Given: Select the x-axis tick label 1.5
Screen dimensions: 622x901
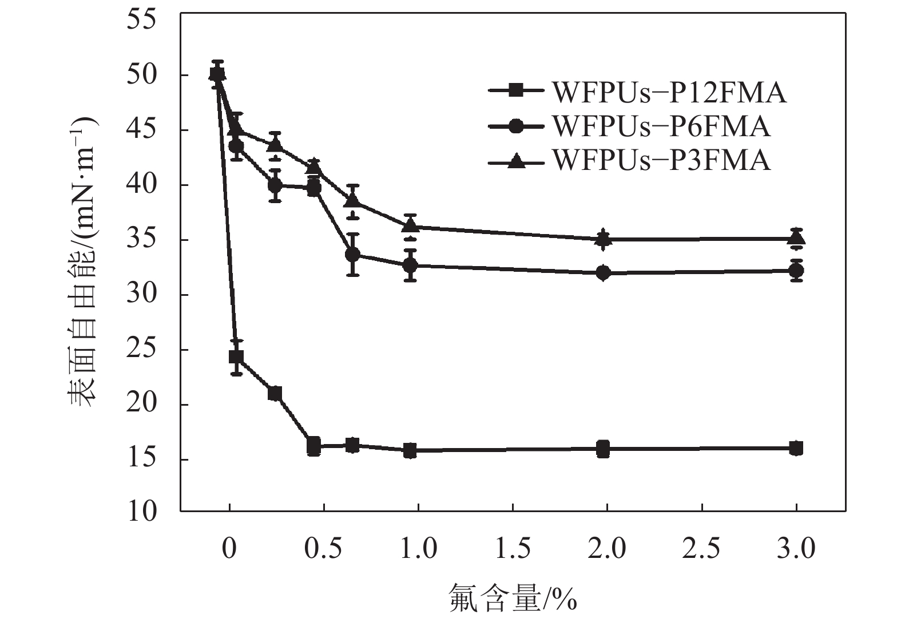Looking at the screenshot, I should pyautogui.click(x=512, y=548).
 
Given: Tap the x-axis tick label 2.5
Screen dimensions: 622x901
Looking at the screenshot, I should pyautogui.click(x=701, y=548).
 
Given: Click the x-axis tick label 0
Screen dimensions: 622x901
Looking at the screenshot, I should pyautogui.click(x=229, y=548).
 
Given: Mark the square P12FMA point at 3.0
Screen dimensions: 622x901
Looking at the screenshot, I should pyautogui.click(x=796, y=448).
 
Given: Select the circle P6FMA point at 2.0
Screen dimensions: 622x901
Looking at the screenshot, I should pyautogui.click(x=603, y=273).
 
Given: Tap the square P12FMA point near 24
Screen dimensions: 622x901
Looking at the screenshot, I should pyautogui.click(x=236, y=357).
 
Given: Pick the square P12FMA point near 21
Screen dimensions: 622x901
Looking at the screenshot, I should pyautogui.click(x=275, y=393).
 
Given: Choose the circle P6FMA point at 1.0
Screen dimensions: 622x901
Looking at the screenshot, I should pyautogui.click(x=410, y=266).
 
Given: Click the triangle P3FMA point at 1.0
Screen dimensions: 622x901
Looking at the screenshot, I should pyautogui.click(x=410, y=226).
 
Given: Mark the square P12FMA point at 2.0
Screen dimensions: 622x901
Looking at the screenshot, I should pyautogui.click(x=603, y=449).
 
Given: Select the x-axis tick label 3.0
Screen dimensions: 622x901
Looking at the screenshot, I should pyautogui.click(x=796, y=548).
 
